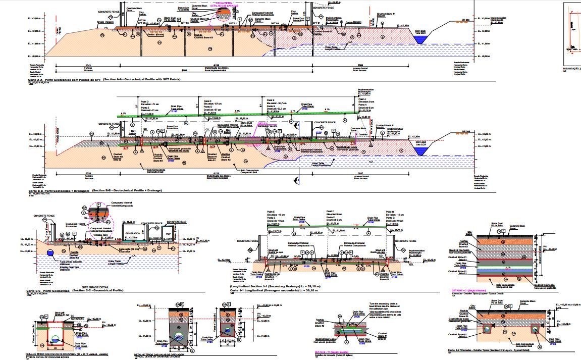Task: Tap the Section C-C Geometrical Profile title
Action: (76, 290)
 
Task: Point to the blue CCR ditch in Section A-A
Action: (420, 39)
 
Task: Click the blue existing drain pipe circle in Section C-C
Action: (49, 253)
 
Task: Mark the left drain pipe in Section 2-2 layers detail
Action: (487, 329)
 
